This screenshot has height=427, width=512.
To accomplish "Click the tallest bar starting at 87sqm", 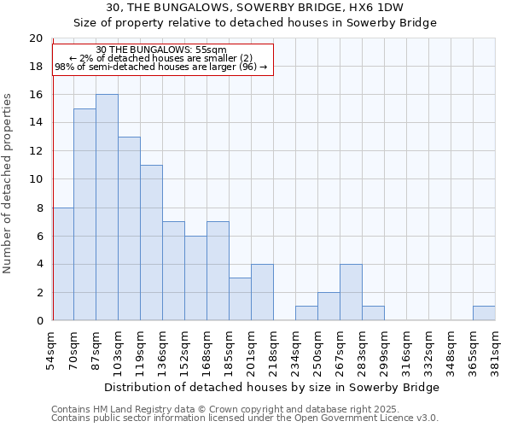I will (107, 208).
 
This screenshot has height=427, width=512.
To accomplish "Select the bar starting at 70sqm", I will (84, 214).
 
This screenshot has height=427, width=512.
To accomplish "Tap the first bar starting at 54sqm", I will (63, 264).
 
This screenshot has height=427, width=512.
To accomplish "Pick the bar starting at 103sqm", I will (129, 229).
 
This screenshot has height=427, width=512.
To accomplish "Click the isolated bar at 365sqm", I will (484, 313).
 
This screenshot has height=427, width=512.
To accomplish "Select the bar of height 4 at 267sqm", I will (351, 292).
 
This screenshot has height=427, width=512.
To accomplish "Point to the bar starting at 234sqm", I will (306, 313).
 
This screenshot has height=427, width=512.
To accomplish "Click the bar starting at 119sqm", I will (151, 243).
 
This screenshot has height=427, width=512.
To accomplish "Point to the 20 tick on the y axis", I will (36, 38).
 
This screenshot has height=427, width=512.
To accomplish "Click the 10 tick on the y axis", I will (36, 179).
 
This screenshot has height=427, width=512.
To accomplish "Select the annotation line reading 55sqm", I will (161, 50).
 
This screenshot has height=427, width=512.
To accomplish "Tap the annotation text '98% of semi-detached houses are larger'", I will (161, 67).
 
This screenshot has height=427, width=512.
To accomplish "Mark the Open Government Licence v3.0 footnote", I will (244, 418).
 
